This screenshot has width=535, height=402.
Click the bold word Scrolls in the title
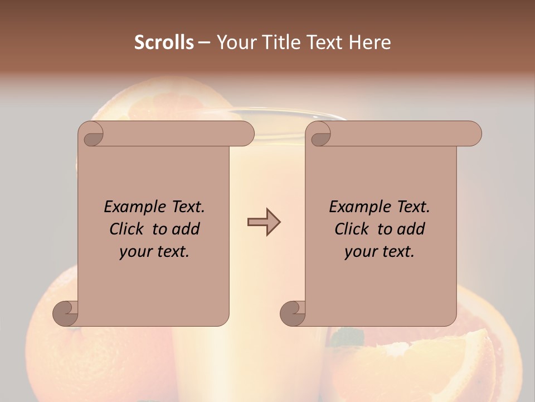click(x=164, y=42)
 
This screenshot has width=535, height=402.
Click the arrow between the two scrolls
click(x=264, y=222)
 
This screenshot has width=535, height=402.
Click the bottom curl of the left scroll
click(x=66, y=313)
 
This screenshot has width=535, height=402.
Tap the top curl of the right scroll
click(x=320, y=135)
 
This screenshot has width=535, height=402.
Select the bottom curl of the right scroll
click(x=293, y=313)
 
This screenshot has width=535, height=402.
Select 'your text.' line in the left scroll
click(x=154, y=252)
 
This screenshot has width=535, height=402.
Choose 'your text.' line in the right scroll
click(x=380, y=252)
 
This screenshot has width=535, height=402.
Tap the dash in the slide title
click(x=205, y=42)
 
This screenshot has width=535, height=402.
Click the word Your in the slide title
click(x=235, y=42)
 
